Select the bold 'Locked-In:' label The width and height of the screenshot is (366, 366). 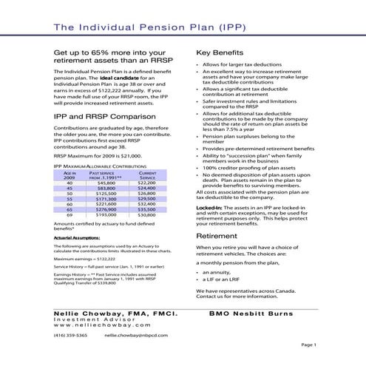point(209,209)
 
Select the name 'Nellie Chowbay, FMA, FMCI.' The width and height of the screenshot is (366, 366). point(114,314)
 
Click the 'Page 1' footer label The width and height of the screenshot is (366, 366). point(308,345)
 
